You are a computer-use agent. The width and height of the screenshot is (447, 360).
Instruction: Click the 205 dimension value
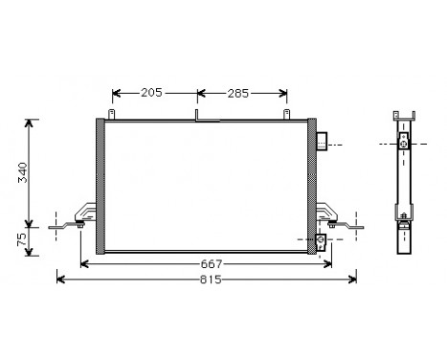point(150,93)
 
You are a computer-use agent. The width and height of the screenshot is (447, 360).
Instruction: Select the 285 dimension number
point(238,93)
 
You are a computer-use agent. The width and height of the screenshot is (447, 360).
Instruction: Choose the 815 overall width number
point(211,280)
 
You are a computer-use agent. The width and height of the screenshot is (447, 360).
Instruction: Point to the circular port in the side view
point(404,144)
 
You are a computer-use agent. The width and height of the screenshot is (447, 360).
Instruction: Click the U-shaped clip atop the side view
point(404,116)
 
